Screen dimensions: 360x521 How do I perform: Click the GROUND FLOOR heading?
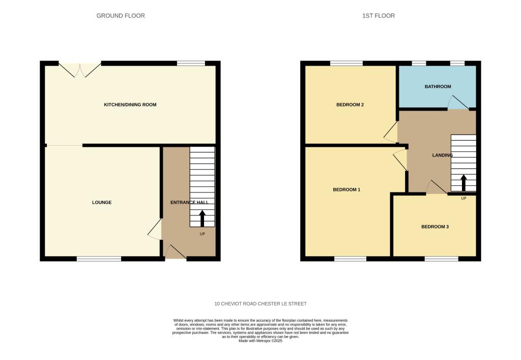[121, 16]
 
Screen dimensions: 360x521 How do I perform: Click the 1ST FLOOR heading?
[378, 16]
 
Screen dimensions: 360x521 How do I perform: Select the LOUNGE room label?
[102, 203]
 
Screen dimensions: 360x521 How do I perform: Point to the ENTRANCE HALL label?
[189, 203]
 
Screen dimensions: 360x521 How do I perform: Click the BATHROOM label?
[438, 87]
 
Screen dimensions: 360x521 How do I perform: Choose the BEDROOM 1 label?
[346, 190]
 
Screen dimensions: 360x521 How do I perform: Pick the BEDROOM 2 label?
[350, 105]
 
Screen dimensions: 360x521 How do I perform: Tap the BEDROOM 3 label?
[435, 227]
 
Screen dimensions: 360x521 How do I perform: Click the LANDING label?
[442, 155]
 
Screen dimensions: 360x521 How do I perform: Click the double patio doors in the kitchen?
[80, 69]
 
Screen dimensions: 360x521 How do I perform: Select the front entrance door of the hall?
[176, 253]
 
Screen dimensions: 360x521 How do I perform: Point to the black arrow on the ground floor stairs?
[202, 218]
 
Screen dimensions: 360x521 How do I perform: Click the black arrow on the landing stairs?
[464, 182]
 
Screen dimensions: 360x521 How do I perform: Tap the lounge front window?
[99, 259]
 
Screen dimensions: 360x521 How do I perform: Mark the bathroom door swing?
[458, 103]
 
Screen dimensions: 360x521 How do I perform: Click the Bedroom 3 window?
[441, 259]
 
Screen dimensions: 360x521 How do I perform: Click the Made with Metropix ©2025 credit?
[260, 341]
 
